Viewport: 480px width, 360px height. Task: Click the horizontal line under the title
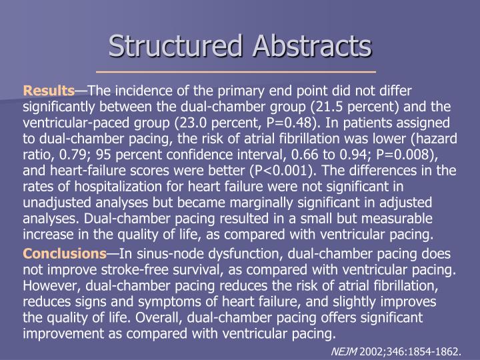tap(236, 71)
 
